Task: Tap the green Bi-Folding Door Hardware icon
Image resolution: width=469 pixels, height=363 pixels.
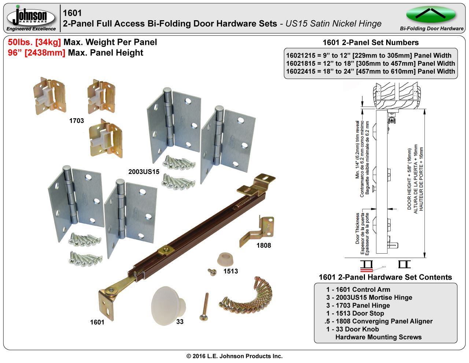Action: [x=431, y=14]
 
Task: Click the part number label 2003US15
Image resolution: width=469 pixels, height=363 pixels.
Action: [x=144, y=171]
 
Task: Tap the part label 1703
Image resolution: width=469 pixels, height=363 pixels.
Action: [x=77, y=120]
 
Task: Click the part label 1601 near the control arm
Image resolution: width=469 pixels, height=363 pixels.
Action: [x=97, y=322]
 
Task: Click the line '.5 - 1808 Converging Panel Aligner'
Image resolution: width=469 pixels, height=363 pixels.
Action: [x=378, y=321]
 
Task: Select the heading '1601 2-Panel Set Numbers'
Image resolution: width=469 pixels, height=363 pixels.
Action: [x=370, y=43]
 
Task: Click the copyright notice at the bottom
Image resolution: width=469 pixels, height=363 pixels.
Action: [x=234, y=356]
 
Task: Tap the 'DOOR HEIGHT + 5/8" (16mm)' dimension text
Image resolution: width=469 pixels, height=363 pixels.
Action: [x=410, y=176]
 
